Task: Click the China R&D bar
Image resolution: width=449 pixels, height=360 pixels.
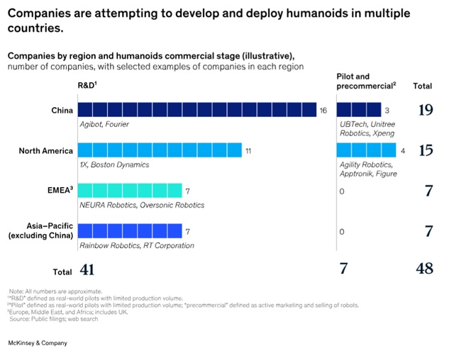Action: point(196,110)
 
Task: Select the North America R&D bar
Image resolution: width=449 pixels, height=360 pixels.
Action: point(158,150)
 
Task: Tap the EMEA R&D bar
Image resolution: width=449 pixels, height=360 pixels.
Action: point(129,191)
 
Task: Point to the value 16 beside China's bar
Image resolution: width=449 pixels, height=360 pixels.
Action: point(323,111)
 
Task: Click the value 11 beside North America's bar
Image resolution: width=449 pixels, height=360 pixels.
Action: point(248,151)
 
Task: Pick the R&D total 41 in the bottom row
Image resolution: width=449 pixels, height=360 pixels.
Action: point(86,270)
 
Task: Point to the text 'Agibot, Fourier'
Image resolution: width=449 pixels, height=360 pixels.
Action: point(105,125)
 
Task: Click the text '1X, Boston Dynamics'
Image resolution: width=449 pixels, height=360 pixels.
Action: point(113,165)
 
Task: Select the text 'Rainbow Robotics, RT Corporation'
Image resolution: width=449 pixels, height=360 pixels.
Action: point(136,245)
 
